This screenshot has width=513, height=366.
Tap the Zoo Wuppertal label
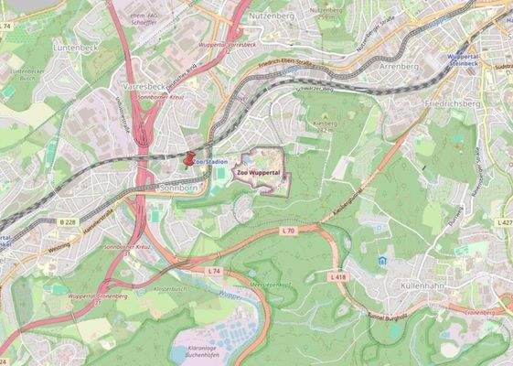(259, 171)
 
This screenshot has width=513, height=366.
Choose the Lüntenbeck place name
(76, 46)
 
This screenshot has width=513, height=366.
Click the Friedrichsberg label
(451, 104)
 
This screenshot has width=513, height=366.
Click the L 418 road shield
(337, 275)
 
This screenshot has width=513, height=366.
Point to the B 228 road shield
(67, 222)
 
